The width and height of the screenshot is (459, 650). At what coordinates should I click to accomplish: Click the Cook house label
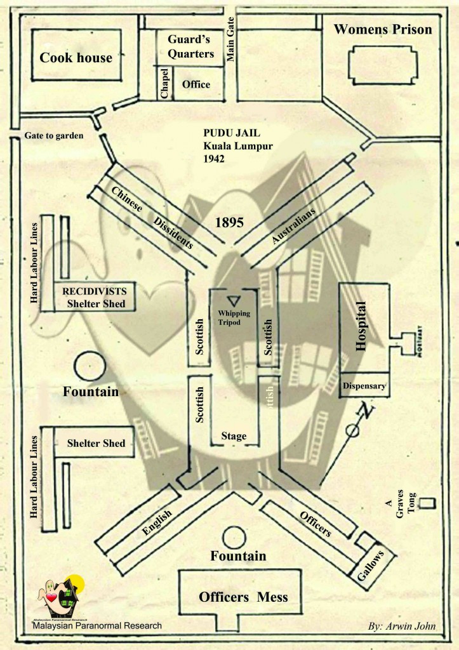click(76, 58)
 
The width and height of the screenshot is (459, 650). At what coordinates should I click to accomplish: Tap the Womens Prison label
click(383, 29)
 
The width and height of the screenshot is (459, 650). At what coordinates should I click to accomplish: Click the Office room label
click(196, 84)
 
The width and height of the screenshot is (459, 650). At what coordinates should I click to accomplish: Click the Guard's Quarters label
click(190, 46)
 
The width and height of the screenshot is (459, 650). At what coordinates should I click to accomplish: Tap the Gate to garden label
click(54, 136)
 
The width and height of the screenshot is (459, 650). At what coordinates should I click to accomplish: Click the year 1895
click(231, 223)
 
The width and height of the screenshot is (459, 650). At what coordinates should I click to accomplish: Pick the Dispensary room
click(364, 385)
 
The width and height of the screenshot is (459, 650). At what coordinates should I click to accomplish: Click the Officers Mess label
click(243, 597)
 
